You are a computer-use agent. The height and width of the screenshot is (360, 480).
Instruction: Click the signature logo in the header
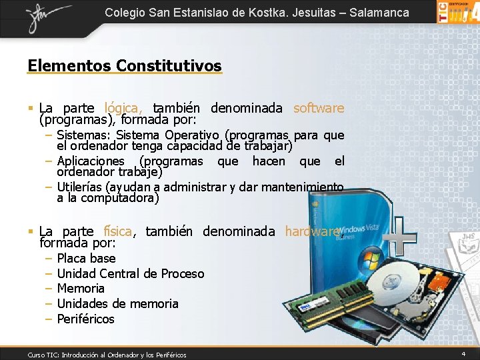pyautogui.click(x=47, y=16)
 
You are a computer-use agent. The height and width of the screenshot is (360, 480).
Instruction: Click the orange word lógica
pyautogui.click(x=123, y=108)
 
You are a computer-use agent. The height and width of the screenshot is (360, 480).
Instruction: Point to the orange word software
pyautogui.click(x=319, y=108)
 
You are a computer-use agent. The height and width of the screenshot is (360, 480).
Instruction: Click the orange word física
pyautogui.click(x=119, y=231)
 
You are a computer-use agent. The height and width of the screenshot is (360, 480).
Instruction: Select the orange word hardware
pyautogui.click(x=312, y=231)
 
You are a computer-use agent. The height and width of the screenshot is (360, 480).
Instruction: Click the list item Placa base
pyautogui.click(x=86, y=258)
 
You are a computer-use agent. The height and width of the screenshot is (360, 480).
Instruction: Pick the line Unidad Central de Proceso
pyautogui.click(x=131, y=273)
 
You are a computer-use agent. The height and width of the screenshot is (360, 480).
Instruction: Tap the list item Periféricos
pyautogui.click(x=85, y=319)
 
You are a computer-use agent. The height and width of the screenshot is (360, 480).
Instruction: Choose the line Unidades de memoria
pyautogui.click(x=117, y=303)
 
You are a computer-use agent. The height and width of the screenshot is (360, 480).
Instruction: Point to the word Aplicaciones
pyautogui.click(x=91, y=161)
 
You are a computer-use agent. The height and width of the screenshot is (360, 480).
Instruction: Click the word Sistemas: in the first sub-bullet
pyautogui.click(x=84, y=135)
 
